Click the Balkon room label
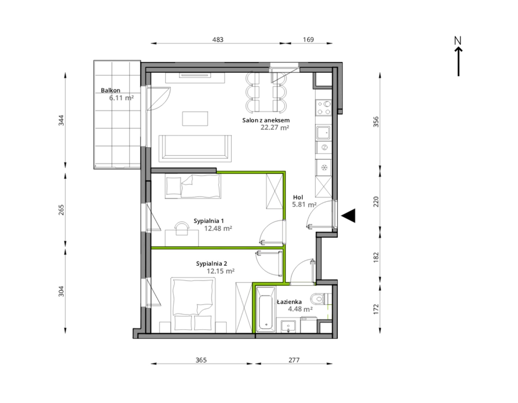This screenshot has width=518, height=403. [x=110, y=90]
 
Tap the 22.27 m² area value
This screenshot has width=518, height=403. [x=275, y=127]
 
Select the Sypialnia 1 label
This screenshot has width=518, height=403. [x=209, y=221]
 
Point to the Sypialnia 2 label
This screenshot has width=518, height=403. [x=212, y=264]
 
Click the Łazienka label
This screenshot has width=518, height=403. [x=289, y=302]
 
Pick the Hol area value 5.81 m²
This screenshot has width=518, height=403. [x=304, y=204]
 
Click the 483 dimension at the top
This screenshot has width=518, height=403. [x=218, y=40]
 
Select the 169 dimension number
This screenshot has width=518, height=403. [x=308, y=40]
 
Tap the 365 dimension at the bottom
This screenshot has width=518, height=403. [x=201, y=360]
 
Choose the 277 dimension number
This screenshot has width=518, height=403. [x=294, y=360]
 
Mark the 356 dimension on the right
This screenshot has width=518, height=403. [x=376, y=122]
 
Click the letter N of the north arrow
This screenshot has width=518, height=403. [x=458, y=41]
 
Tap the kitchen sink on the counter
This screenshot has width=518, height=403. [x=323, y=133]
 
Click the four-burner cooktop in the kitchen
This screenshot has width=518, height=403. [x=324, y=108]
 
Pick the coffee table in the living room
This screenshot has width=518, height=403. [x=195, y=119]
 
